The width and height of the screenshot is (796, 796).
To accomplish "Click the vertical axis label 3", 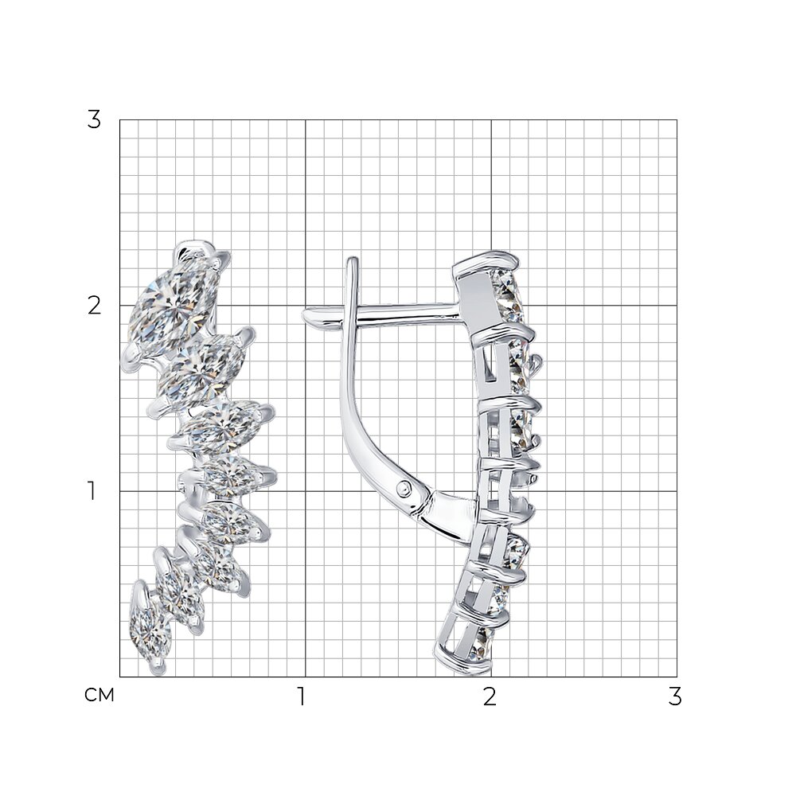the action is tap(94, 120).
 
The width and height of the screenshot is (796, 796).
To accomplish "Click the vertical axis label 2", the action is tap(94, 306).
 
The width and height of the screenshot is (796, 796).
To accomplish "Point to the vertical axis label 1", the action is tap(92, 491).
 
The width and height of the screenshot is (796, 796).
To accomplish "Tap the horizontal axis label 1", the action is tap(302, 696).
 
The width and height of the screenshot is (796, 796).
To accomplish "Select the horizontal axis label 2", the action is tap(490, 696).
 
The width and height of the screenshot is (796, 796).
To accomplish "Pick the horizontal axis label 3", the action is tap(675, 696).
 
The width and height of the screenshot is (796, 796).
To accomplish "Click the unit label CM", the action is tap(99, 695).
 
